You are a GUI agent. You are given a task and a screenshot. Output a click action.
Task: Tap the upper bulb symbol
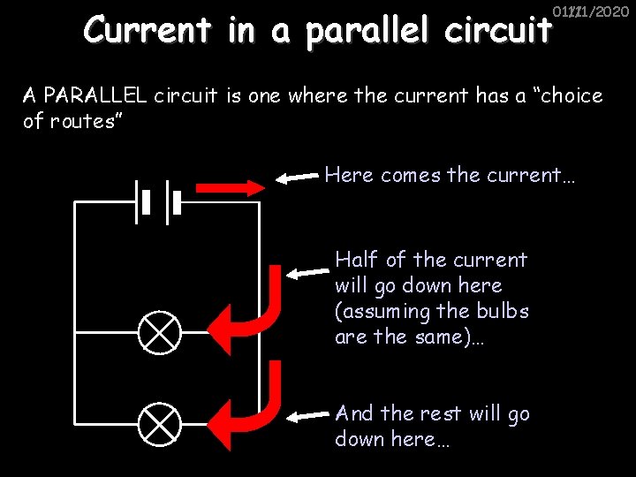pos(160,332)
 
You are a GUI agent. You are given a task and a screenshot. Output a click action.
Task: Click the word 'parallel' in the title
pos(369,33)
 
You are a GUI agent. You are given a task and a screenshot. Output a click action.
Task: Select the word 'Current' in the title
pos(148,31)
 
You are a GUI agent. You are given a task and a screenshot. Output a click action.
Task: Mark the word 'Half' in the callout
pos(357,260)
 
